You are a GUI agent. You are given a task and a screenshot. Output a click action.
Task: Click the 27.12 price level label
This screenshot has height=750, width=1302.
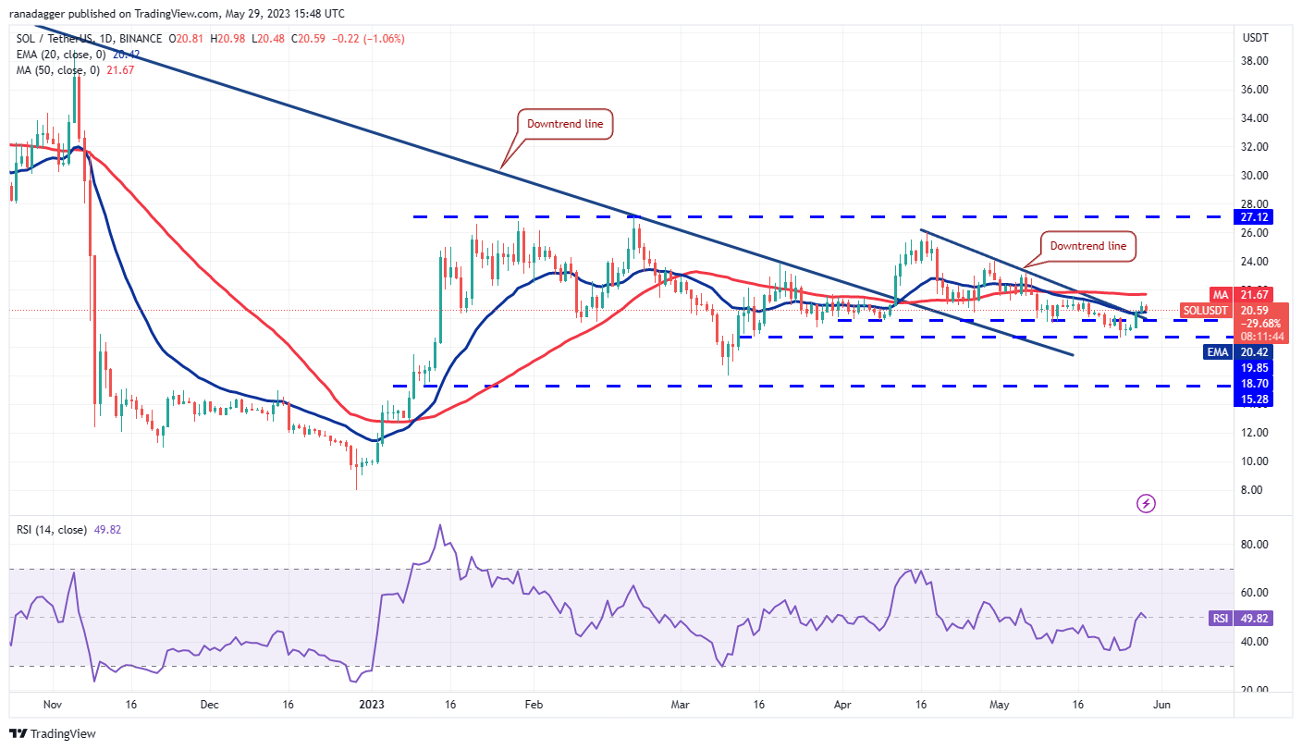pyautogui.click(x=1256, y=216)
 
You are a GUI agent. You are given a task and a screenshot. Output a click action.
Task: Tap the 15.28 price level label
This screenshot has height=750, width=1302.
pyautogui.click(x=1256, y=399)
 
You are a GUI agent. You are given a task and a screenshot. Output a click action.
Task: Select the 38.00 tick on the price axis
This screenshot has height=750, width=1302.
pyautogui.click(x=1254, y=61)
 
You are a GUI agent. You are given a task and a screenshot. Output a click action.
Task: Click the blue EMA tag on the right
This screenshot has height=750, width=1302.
pyautogui.click(x=1218, y=351)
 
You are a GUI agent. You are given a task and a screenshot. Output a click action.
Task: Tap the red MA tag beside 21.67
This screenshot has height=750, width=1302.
pyautogui.click(x=1220, y=294)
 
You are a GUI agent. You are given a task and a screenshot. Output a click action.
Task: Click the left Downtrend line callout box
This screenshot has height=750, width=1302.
pyautogui.click(x=564, y=124)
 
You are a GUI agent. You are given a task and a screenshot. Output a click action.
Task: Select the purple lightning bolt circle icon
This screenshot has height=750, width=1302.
pyautogui.click(x=1147, y=503)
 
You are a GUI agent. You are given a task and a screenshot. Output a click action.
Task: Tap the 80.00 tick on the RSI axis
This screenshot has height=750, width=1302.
pyautogui.click(x=1254, y=545)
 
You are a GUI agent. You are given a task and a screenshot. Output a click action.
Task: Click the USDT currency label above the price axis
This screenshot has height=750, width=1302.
pyautogui.click(x=1255, y=38)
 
